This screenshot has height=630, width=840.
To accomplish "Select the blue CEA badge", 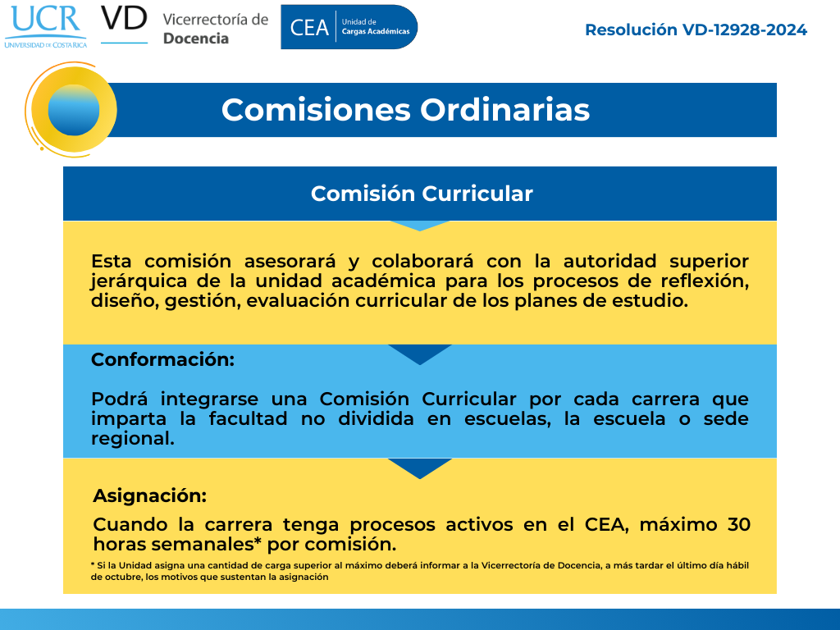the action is pyautogui.click(x=349, y=27).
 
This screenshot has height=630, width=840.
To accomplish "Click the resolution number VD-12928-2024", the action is pyautogui.click(x=744, y=30).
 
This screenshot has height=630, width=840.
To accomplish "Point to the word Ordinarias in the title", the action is pyautogui.click(x=504, y=111).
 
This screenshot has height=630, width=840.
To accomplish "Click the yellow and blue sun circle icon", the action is pyautogui.click(x=73, y=110).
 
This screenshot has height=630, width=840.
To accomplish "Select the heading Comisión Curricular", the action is pyautogui.click(x=422, y=194).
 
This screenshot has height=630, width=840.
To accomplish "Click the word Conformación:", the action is pyautogui.click(x=163, y=359).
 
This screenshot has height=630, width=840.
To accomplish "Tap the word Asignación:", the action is pyautogui.click(x=150, y=495).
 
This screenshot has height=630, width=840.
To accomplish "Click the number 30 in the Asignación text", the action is pyautogui.click(x=739, y=524).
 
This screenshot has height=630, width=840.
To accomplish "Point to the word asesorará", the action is pyautogui.click(x=290, y=262).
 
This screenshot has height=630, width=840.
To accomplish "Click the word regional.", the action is pyautogui.click(x=132, y=439).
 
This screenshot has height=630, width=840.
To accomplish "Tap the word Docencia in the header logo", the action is pyautogui.click(x=195, y=39).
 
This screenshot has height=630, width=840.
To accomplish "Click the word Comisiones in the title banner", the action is pyautogui.click(x=316, y=111).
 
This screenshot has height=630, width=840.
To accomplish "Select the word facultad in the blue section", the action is pyautogui.click(x=248, y=419).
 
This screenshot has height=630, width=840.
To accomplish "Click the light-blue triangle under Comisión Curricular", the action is pyautogui.click(x=420, y=226).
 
